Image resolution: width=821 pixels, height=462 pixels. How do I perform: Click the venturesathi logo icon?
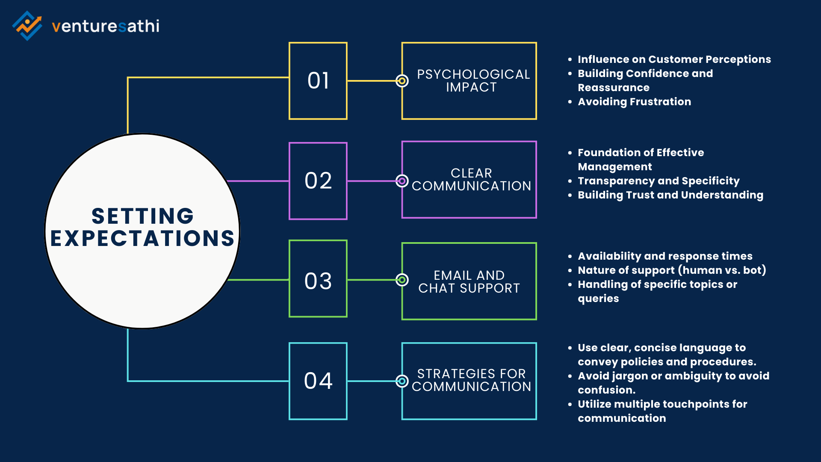coord(27,26)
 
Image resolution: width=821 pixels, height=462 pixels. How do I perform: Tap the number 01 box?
coord(318,81)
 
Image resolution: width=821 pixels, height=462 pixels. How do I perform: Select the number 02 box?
coord(318,181)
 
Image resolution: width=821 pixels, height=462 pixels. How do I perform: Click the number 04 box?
coord(318,381)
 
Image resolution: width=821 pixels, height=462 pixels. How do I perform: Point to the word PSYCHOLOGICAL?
coord(473,74)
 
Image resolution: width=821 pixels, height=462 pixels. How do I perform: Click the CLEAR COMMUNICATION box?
coord(469,180)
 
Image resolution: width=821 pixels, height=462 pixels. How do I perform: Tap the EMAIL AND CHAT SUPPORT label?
coord(469,282)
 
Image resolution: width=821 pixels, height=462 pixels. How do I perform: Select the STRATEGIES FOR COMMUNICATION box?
coord(469,381)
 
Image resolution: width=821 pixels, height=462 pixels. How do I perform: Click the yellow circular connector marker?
coord(402,81)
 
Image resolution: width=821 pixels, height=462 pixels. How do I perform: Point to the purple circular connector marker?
coord(402,181)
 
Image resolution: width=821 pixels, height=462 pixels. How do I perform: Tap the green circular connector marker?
coord(402,280)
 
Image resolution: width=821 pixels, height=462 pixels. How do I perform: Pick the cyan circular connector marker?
coord(402,381)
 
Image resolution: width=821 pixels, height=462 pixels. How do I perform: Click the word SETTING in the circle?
coord(143,216)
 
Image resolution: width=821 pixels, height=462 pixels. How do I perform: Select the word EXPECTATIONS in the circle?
coord(143,239)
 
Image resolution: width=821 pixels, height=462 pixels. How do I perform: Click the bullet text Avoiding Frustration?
coord(634,102)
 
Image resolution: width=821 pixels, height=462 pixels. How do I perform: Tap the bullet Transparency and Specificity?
coord(659,181)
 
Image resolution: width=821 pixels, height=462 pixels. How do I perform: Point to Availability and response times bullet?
coord(665,256)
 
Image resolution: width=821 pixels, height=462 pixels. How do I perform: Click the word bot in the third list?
coord(753,270)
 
